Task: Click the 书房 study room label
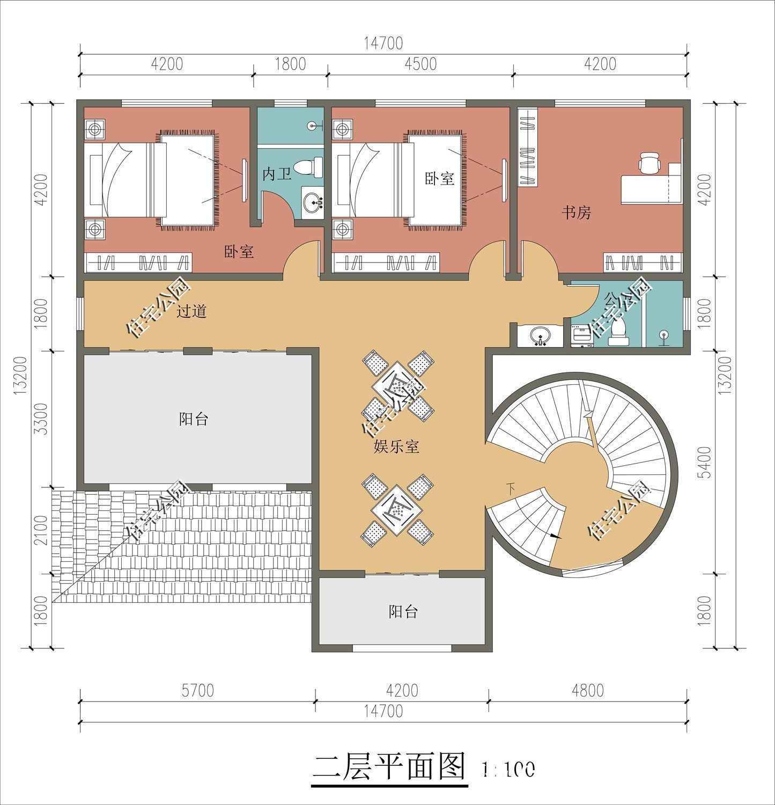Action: [576, 213]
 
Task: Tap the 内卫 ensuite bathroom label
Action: [276, 174]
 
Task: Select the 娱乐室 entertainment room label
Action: [396, 446]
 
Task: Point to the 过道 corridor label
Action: [191, 311]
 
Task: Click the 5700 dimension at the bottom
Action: [197, 690]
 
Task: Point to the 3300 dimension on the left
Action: [41, 419]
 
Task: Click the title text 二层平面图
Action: [389, 767]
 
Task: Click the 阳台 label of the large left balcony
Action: [193, 419]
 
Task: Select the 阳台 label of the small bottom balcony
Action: [403, 611]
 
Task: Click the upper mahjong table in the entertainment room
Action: [397, 383]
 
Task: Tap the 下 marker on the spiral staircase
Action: [511, 488]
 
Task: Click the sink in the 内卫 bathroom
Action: [312, 202]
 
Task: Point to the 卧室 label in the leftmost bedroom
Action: [239, 251]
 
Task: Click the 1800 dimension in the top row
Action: [290, 64]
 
